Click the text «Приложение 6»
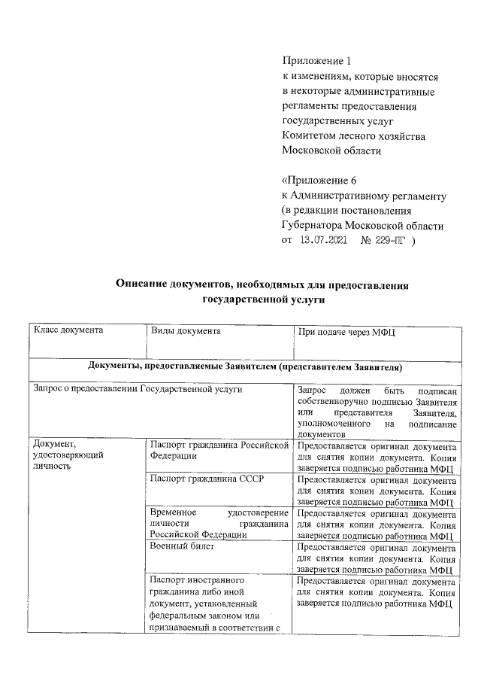pos(319,181)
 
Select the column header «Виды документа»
pos(186,330)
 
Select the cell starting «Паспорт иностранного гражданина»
pos(219,610)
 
